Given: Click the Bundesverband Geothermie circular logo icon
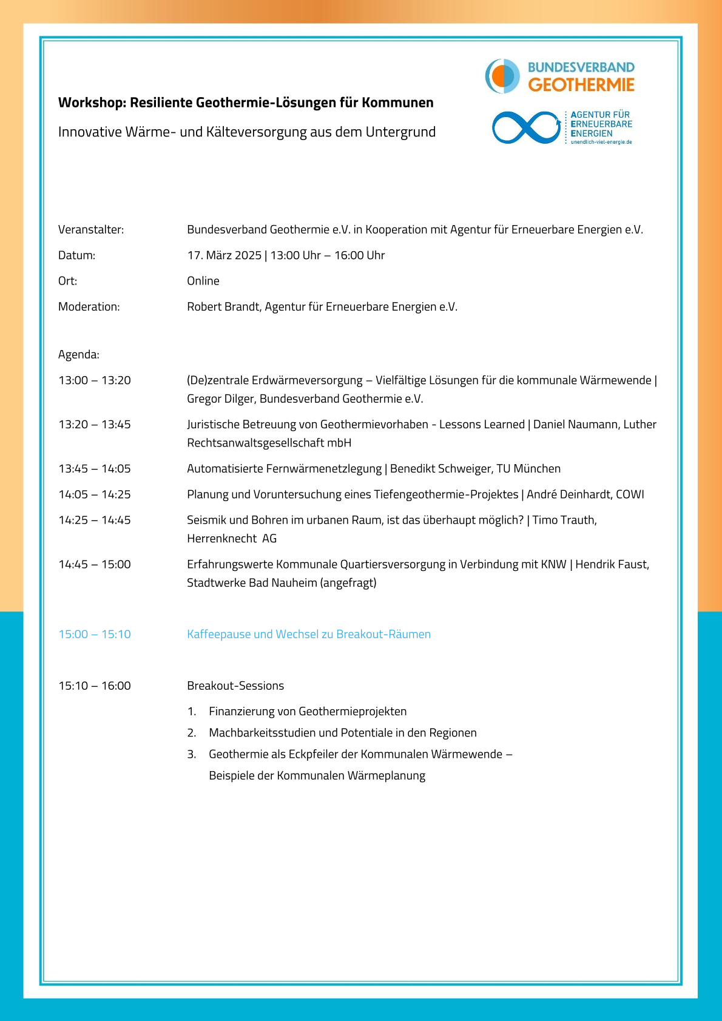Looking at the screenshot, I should [502, 76].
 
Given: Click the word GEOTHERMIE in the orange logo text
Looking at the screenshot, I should [581, 85].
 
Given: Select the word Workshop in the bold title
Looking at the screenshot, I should [91, 103].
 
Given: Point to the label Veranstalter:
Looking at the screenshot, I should [91, 229].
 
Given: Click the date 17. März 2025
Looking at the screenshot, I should [224, 255].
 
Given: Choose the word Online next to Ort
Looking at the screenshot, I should [203, 281].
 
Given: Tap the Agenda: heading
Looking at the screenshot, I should [79, 354].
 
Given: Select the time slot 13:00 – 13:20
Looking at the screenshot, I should [95, 380].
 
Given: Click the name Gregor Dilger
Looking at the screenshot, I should [220, 399].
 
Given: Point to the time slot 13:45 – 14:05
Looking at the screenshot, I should [95, 469].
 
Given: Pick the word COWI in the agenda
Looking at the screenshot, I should [630, 494].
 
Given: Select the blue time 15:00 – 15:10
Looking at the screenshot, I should [95, 635].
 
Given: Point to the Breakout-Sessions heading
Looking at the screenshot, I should [235, 686].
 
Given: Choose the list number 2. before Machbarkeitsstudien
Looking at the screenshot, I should [192, 733].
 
